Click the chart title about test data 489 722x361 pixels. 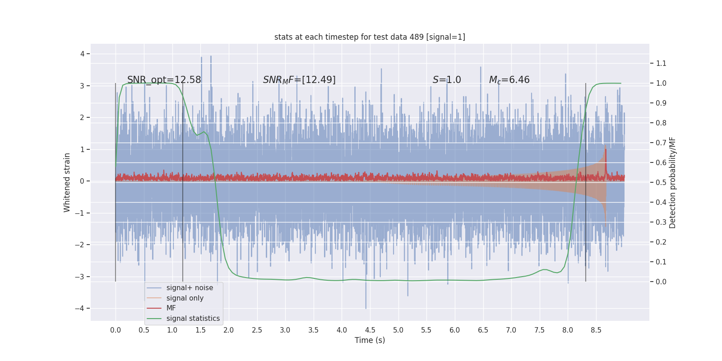pos(370,37)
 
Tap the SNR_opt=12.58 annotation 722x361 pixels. pos(164,80)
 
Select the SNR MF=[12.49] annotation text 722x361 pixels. pos(299,80)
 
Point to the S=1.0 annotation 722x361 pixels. pos(447,80)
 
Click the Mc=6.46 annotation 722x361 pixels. pos(509,80)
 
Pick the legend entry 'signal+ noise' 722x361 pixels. pos(190,288)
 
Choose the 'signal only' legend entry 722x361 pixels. pos(185,298)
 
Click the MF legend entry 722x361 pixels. pos(171,308)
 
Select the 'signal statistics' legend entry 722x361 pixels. pos(193,319)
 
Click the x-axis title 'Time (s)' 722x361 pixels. pos(370,340)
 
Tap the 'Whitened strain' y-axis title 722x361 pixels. pos(67,182)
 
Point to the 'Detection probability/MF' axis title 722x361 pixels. pos(672,182)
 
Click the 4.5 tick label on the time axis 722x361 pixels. pos(370,330)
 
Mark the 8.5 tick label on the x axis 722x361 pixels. pos(596,330)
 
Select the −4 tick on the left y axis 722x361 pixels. pos(79,309)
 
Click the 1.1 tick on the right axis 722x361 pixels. pos(661,64)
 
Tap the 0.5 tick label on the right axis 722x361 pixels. pos(661,182)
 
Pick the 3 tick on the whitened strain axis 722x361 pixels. pos(82,86)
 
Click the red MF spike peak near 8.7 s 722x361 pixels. pos(606,149)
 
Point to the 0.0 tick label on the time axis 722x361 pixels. pos(116,330)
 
